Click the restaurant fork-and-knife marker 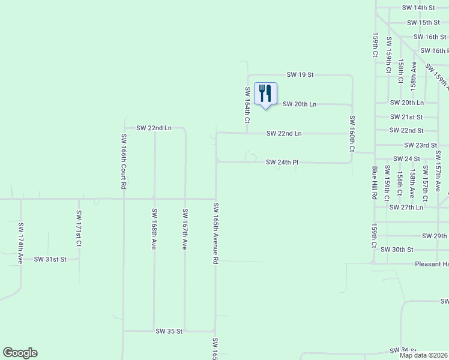[265, 94]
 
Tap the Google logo [20, 353]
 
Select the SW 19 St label [300, 75]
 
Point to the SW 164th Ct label [247, 104]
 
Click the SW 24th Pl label [283, 162]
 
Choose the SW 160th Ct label [352, 133]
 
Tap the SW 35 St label [169, 331]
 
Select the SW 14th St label [418, 8]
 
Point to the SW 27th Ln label [406, 207]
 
